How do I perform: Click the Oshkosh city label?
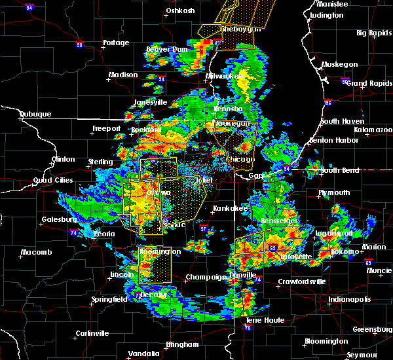[x=181, y=10]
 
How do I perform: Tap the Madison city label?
[x=123, y=75]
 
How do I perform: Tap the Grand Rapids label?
[x=367, y=83]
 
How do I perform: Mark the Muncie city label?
[x=379, y=270]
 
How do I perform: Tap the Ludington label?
[x=326, y=15]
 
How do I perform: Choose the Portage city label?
[x=116, y=43]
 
